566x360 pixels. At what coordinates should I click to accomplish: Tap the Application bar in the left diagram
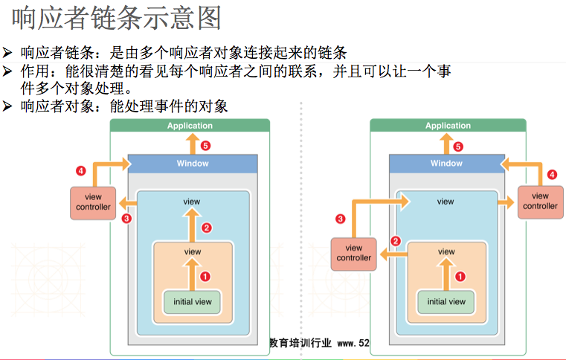point(190,126)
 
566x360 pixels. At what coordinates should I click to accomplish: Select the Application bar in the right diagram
point(448,126)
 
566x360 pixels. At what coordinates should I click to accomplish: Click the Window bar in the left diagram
point(193,163)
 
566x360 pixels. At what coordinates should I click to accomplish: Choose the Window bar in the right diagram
point(446,163)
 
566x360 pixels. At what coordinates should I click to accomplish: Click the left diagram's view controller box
point(94,202)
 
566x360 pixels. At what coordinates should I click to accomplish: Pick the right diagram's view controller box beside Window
point(540,202)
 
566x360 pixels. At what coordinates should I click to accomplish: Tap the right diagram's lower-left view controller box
point(354,253)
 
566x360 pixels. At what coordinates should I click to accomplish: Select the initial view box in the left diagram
point(193,301)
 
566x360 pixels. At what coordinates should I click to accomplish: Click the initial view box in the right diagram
point(446,301)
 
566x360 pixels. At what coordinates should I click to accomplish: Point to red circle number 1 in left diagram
point(206,276)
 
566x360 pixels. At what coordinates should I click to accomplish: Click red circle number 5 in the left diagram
point(205,146)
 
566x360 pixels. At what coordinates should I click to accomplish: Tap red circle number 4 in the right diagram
point(552,175)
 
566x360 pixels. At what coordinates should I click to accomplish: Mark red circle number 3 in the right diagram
point(341,219)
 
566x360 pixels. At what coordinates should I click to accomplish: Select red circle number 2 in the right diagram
point(396,241)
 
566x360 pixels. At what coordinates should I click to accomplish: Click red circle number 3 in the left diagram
point(126,219)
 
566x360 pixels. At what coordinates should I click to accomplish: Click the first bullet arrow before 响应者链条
point(7,53)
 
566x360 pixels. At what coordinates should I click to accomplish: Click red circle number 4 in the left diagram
point(81,171)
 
